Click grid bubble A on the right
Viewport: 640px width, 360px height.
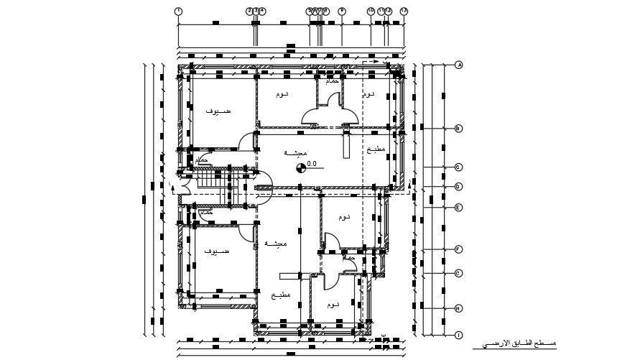(459, 65)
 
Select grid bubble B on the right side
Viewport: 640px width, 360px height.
(458, 129)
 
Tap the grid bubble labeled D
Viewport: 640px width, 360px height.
(458, 187)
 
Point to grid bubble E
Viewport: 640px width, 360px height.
(458, 208)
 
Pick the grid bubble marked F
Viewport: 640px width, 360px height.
(458, 249)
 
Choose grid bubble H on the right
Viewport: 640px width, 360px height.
(458, 309)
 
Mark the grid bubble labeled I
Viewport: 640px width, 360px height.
(458, 335)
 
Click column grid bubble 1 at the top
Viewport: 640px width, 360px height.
(178, 11)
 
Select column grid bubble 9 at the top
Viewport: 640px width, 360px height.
(342, 11)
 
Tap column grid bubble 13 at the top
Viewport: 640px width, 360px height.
(404, 11)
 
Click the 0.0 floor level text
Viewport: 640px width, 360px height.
(312, 164)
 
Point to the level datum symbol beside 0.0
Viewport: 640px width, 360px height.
(300, 169)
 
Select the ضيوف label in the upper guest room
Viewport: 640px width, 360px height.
(218, 112)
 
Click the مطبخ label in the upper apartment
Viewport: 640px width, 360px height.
(375, 149)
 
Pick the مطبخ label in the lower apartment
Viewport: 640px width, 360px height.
(281, 295)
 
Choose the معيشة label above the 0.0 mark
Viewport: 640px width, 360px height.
(295, 153)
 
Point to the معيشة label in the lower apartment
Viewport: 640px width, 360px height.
(276, 244)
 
